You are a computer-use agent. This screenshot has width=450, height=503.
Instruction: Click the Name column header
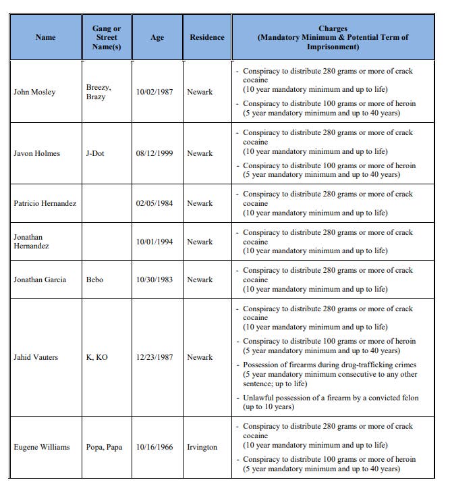click(x=45, y=38)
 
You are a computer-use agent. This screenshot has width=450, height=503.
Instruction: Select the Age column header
click(x=157, y=38)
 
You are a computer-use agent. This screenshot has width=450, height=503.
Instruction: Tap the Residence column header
click(x=207, y=38)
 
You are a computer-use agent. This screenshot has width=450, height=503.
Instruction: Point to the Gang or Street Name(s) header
click(x=107, y=38)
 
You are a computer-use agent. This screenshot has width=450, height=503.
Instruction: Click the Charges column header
click(x=333, y=38)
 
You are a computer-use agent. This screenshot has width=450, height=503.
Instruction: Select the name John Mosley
click(x=34, y=92)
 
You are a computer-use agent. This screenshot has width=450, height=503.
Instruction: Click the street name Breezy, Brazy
click(x=99, y=92)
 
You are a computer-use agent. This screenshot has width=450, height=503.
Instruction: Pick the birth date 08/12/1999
click(x=154, y=153)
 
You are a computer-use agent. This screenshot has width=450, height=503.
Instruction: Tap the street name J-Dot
click(x=95, y=153)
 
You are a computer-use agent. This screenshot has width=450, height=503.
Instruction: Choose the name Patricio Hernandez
click(x=45, y=203)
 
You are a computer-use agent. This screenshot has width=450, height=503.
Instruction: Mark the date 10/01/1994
click(x=154, y=242)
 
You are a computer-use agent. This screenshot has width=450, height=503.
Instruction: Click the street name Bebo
click(x=94, y=280)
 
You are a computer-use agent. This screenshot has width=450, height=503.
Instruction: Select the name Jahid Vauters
click(x=36, y=357)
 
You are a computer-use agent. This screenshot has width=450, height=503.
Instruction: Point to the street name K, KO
click(x=96, y=357)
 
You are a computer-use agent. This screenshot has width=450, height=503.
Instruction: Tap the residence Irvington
click(x=202, y=447)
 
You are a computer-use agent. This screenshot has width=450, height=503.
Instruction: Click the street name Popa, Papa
click(x=104, y=447)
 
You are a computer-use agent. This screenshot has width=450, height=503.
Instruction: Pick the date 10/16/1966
click(x=154, y=447)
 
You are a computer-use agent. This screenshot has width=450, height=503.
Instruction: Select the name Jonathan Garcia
click(x=40, y=280)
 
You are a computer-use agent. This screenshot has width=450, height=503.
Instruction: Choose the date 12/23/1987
click(x=154, y=357)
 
